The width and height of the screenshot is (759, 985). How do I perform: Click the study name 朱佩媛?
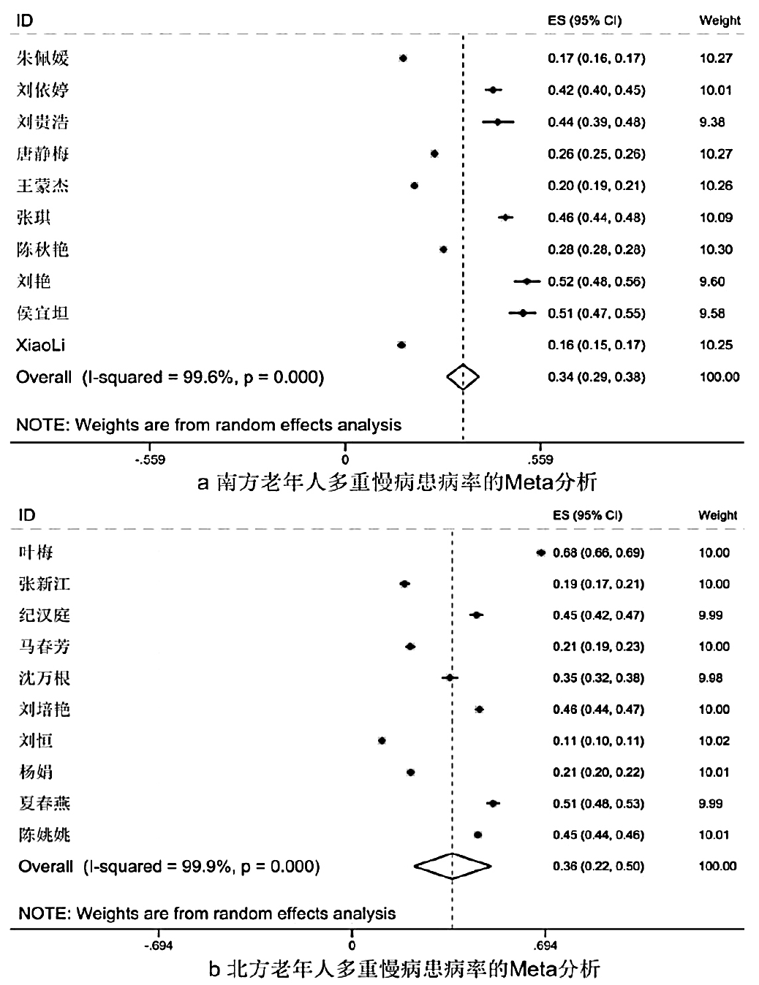[42, 58]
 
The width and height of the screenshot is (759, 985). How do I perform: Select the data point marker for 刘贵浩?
[498, 122]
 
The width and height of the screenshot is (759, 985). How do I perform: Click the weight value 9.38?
[711, 122]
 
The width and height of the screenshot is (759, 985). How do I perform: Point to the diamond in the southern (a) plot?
[463, 377]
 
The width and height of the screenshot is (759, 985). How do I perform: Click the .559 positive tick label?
[540, 460]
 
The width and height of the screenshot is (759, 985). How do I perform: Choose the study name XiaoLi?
[41, 345]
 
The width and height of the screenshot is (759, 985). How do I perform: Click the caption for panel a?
[397, 482]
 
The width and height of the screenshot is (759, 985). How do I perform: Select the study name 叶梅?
[35, 552]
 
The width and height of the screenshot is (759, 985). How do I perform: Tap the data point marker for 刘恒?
[382, 741]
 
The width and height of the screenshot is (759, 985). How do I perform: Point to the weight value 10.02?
[714, 741]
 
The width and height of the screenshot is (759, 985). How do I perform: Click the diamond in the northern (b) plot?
[453, 866]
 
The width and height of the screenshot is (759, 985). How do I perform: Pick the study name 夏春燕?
[44, 804]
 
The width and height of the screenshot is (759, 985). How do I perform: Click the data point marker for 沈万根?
[450, 678]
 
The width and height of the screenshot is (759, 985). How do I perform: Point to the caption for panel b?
[404, 970]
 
